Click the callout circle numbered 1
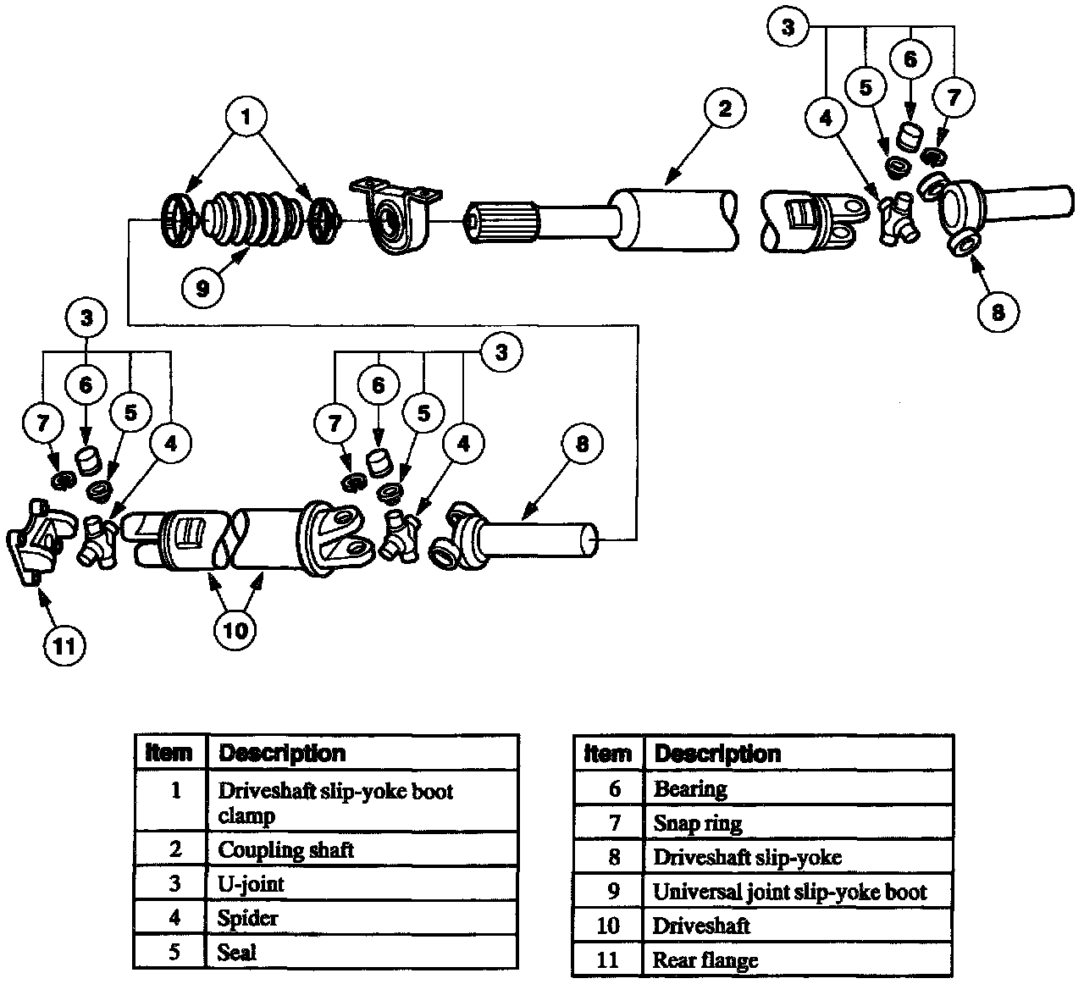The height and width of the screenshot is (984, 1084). pos(246,119)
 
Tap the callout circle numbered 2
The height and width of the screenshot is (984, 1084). pos(722,108)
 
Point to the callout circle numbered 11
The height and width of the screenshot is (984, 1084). pos(65,646)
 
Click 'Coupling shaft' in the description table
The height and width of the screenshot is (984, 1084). pos(286,849)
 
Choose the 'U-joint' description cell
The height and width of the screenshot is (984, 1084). pos(251,884)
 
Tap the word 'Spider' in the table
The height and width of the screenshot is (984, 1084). pos(247,918)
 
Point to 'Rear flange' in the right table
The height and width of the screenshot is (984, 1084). pos(705,960)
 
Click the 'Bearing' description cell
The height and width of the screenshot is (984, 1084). pos(690,788)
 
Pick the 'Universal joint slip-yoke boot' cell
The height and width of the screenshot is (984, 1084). pos(789,891)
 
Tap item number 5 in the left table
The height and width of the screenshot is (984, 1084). pos(174,952)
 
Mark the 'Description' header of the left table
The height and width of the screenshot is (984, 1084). pos(282,753)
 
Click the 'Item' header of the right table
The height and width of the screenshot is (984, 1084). pos(608,753)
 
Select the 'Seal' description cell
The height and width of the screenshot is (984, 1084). pos(237,952)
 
